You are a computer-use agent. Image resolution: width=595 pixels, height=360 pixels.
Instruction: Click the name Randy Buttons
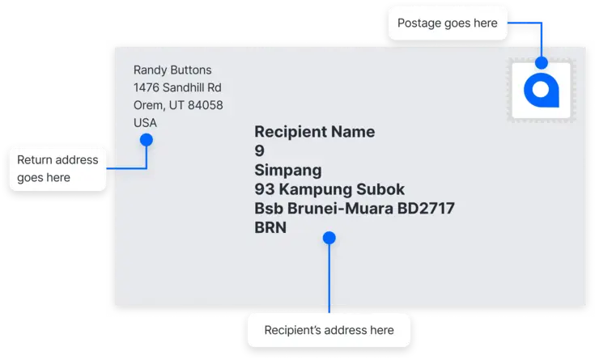(x=172, y=70)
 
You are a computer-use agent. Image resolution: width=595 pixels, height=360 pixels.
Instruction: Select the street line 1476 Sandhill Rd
(x=177, y=87)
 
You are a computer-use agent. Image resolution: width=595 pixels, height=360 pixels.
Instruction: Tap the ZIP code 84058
(x=206, y=105)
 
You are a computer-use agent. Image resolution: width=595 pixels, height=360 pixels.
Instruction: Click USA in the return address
(x=145, y=122)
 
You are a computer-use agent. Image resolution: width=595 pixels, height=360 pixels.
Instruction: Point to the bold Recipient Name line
(x=315, y=132)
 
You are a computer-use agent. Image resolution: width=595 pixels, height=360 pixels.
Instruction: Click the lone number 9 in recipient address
(x=260, y=150)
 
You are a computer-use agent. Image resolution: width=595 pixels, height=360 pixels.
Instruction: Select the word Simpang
(x=288, y=171)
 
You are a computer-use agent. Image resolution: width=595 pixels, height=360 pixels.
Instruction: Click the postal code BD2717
(x=426, y=208)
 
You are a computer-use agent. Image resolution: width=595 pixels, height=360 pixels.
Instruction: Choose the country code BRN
(x=270, y=227)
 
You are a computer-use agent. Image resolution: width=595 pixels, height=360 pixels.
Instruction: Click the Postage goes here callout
(x=448, y=23)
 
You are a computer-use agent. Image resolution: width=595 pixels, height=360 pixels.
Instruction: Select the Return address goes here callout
(x=57, y=169)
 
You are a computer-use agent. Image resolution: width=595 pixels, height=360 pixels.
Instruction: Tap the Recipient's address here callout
(x=329, y=330)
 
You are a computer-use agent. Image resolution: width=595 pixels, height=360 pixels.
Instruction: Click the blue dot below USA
(x=147, y=140)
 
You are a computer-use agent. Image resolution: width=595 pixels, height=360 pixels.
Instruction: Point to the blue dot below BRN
(x=329, y=238)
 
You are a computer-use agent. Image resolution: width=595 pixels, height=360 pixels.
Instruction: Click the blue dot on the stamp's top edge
(x=542, y=62)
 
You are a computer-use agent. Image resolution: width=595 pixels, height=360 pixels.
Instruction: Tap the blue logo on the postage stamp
(x=542, y=90)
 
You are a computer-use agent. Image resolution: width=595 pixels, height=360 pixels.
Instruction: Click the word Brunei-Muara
(x=340, y=208)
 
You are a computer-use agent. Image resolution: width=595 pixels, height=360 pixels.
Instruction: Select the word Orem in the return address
(x=148, y=105)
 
